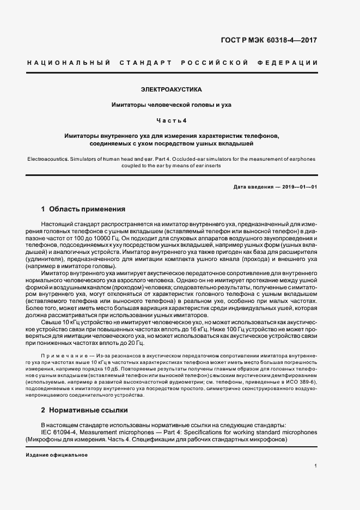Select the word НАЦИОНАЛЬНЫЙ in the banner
click(x=68, y=63)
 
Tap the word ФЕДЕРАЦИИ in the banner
click(x=293, y=63)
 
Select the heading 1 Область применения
click(x=83, y=209)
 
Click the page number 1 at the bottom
click(x=315, y=466)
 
